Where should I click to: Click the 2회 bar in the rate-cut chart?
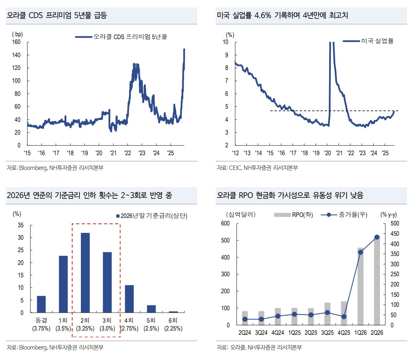85,273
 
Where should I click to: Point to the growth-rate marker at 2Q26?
377,237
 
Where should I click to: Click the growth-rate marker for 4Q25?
344,316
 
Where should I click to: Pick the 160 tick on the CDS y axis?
17,42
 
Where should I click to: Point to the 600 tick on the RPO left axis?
225,223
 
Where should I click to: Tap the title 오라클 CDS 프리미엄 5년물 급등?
57,16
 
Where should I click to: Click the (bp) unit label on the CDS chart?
17,34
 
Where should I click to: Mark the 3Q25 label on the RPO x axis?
327,333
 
